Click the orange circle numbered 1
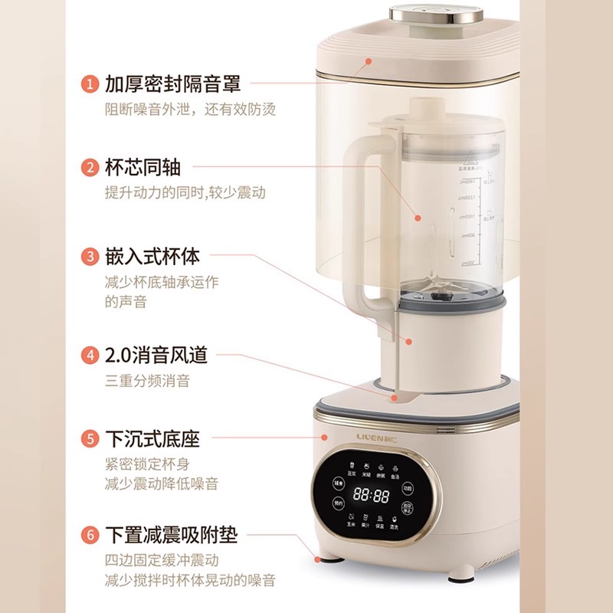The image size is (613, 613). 91,84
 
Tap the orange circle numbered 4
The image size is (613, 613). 91,356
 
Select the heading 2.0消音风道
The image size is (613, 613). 156,356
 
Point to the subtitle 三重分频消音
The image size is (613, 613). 147,381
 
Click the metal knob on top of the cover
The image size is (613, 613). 419,15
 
